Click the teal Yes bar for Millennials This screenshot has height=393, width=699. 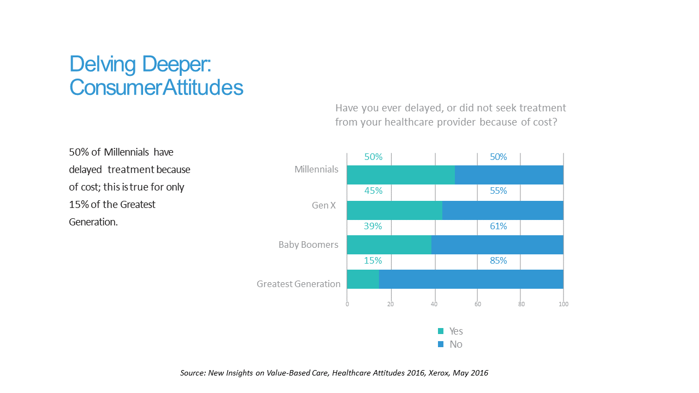401,175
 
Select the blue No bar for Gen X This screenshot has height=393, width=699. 502,210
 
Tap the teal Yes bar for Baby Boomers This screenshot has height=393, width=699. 389,245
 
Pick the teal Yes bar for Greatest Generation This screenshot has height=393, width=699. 363,279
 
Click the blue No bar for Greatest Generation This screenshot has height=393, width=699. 471,279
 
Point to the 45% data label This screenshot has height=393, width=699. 374,191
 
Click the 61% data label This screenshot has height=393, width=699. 498,226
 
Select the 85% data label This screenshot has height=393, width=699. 498,261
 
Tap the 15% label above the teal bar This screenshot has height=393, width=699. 374,261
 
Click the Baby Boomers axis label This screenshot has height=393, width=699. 308,245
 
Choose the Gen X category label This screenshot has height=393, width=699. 324,206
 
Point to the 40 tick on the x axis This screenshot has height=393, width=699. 434,304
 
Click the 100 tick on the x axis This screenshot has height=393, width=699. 564,304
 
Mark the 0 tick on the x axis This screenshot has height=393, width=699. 347,304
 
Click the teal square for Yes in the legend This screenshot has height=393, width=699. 441,331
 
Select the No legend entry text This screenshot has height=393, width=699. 455,344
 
